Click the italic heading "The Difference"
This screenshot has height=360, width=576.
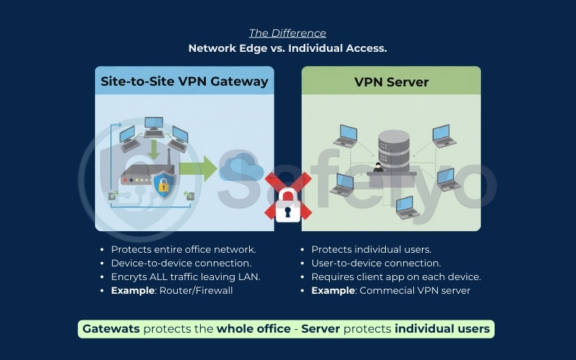tap(287, 33)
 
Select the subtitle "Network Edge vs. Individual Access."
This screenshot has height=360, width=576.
tap(287, 48)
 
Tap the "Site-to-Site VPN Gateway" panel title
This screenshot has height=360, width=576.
tap(184, 81)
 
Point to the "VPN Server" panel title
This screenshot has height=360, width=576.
tap(391, 82)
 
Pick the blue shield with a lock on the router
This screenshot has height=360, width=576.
tap(164, 186)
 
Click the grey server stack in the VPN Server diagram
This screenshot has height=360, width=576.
tap(393, 147)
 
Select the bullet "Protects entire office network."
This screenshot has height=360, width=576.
tap(183, 250)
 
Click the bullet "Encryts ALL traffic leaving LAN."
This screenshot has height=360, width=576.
tap(185, 277)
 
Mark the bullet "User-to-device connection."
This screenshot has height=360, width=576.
tap(376, 264)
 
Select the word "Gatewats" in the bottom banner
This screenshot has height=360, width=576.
tap(111, 329)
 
